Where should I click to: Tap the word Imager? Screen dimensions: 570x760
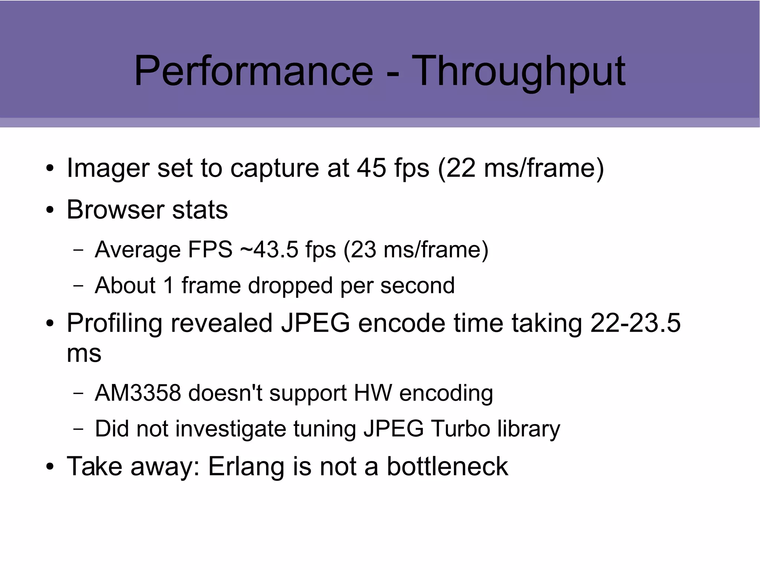(108, 168)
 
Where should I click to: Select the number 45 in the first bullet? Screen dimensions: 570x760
(371, 168)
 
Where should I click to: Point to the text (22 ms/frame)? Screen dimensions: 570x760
(521, 168)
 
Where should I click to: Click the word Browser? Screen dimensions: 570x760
(115, 209)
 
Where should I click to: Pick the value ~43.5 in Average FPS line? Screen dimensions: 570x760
(269, 249)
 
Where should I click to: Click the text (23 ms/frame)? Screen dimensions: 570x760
(416, 249)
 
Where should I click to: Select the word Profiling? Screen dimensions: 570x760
(114, 322)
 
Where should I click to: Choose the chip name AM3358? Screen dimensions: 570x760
(138, 393)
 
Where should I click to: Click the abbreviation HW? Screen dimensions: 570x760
(373, 393)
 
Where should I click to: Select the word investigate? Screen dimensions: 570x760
(230, 429)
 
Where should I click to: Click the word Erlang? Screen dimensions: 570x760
(246, 466)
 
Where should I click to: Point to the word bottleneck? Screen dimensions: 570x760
(447, 466)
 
